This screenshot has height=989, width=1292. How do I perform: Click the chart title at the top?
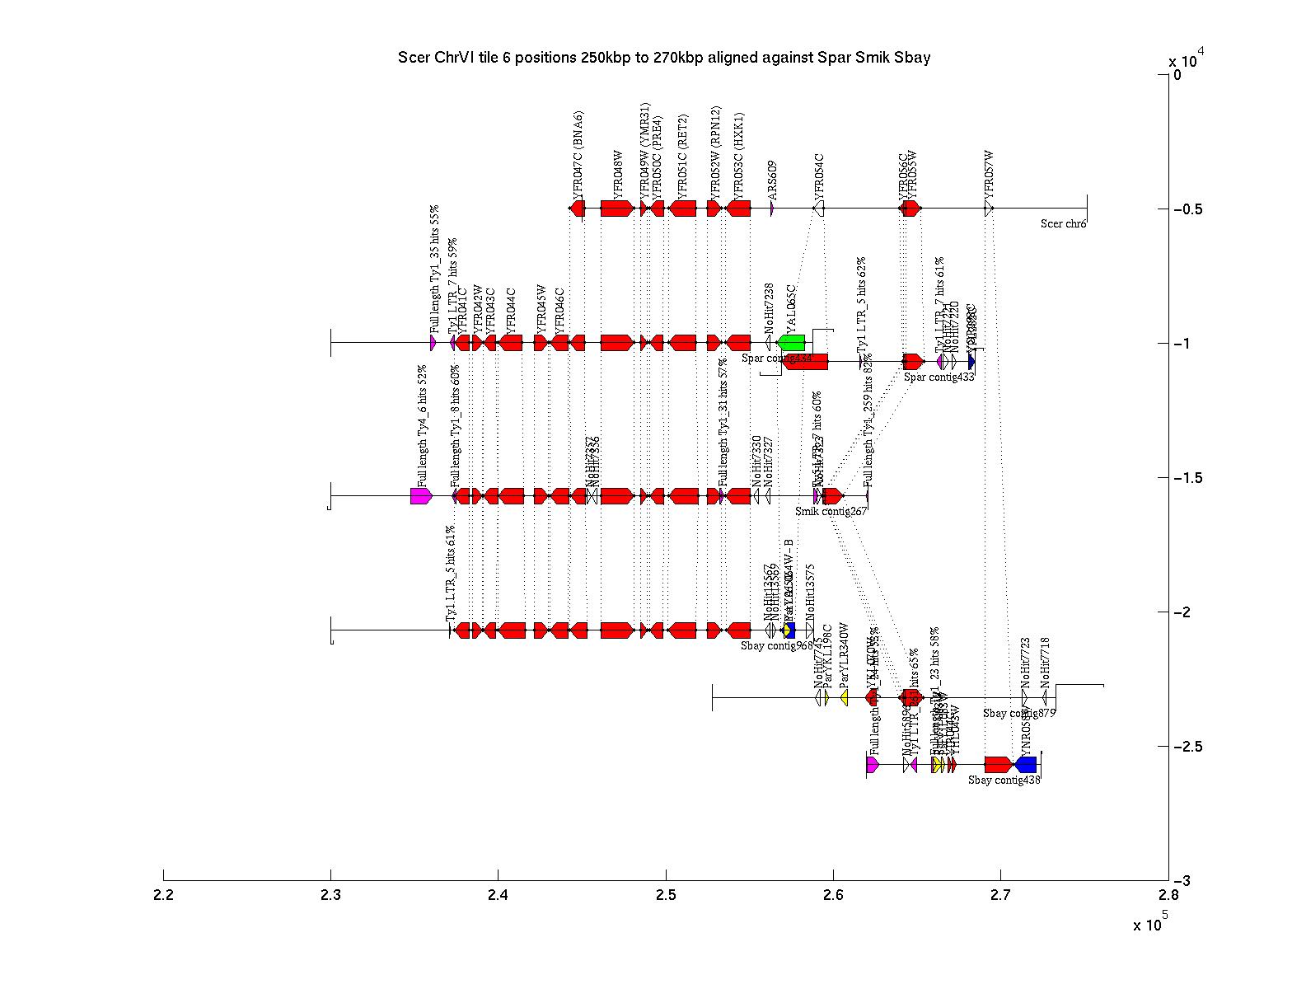point(663,58)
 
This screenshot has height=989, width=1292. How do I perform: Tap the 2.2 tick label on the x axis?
point(164,896)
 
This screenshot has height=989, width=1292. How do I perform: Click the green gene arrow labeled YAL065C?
point(792,342)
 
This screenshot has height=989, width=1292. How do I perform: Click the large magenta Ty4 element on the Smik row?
point(421,495)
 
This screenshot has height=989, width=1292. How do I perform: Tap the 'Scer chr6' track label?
point(1063,223)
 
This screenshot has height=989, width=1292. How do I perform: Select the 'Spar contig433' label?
point(939,377)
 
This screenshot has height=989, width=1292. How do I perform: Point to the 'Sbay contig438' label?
point(1004,780)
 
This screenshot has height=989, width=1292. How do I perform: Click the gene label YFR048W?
point(618,170)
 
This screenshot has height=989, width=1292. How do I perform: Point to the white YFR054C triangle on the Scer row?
point(819,209)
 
